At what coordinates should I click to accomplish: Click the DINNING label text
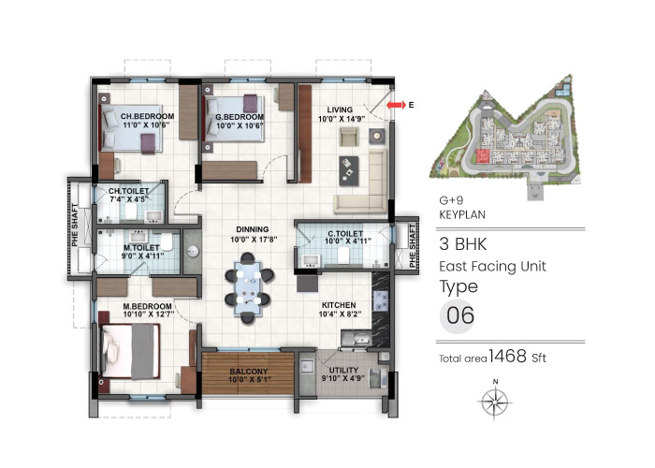[x=253, y=228]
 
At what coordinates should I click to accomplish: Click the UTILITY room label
[x=336, y=370]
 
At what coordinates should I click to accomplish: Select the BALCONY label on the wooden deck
[x=248, y=371]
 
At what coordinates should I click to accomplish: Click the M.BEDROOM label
[x=147, y=306]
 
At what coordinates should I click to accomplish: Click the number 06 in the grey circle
[x=460, y=316]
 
